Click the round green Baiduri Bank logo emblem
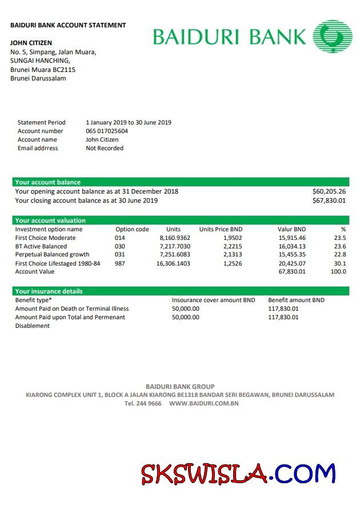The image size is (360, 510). pyautogui.click(x=333, y=36)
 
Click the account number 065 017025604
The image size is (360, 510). pyautogui.click(x=107, y=131)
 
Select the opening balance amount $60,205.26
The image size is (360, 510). pyautogui.click(x=329, y=191)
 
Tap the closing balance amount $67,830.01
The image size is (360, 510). pyautogui.click(x=329, y=200)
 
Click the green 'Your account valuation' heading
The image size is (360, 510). pyautogui.click(x=50, y=220)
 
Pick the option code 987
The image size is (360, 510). pyautogui.click(x=119, y=263)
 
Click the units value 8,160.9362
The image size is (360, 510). pyautogui.click(x=175, y=238)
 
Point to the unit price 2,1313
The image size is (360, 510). pyautogui.click(x=232, y=255)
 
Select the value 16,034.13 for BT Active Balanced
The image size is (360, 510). pyautogui.click(x=292, y=246)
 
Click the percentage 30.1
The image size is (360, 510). pyautogui.click(x=340, y=263)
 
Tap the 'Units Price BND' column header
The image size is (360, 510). pyautogui.click(x=221, y=229)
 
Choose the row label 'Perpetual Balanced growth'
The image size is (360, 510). pyautogui.click(x=52, y=255)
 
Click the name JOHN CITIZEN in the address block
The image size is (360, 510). pyautogui.click(x=31, y=43)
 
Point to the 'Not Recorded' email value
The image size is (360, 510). pyautogui.click(x=105, y=148)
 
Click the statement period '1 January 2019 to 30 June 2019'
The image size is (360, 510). pyautogui.click(x=129, y=122)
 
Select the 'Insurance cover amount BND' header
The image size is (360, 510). pyautogui.click(x=213, y=300)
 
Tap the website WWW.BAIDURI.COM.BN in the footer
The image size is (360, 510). pyautogui.click(x=203, y=403)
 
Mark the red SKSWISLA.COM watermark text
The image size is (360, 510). pyautogui.click(x=238, y=473)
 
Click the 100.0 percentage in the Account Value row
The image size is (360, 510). pyautogui.click(x=338, y=272)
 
